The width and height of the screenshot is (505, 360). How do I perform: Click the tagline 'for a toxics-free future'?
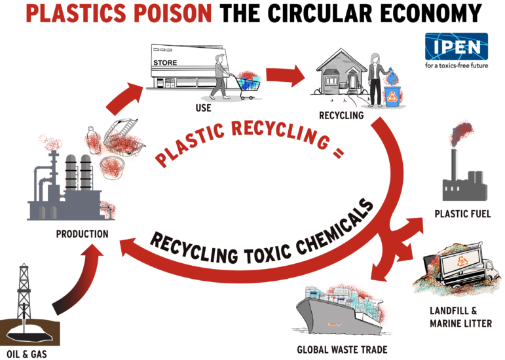tap(456, 66)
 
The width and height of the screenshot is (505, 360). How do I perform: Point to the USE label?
tap(202, 108)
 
